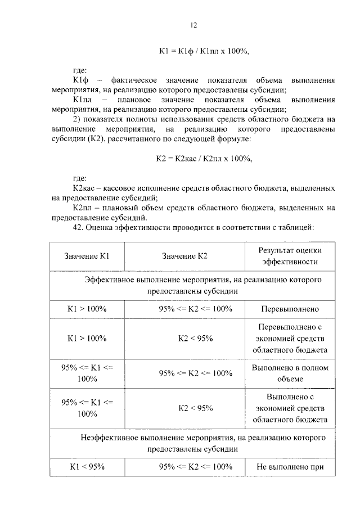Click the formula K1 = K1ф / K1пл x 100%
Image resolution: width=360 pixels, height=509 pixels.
click(204, 51)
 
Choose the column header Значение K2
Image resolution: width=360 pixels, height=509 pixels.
click(185, 256)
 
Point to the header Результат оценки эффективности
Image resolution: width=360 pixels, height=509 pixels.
click(290, 256)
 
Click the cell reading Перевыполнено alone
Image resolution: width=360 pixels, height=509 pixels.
click(290, 309)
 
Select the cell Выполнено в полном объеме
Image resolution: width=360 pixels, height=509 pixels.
click(290, 373)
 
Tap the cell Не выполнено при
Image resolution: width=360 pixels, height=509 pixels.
click(290, 466)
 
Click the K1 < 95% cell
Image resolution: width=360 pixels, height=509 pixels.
click(87, 466)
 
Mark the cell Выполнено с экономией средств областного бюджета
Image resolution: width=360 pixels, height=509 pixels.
click(290, 408)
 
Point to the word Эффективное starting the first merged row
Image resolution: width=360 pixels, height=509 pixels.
click(110, 279)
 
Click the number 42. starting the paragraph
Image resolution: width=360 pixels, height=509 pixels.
click(79, 228)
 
